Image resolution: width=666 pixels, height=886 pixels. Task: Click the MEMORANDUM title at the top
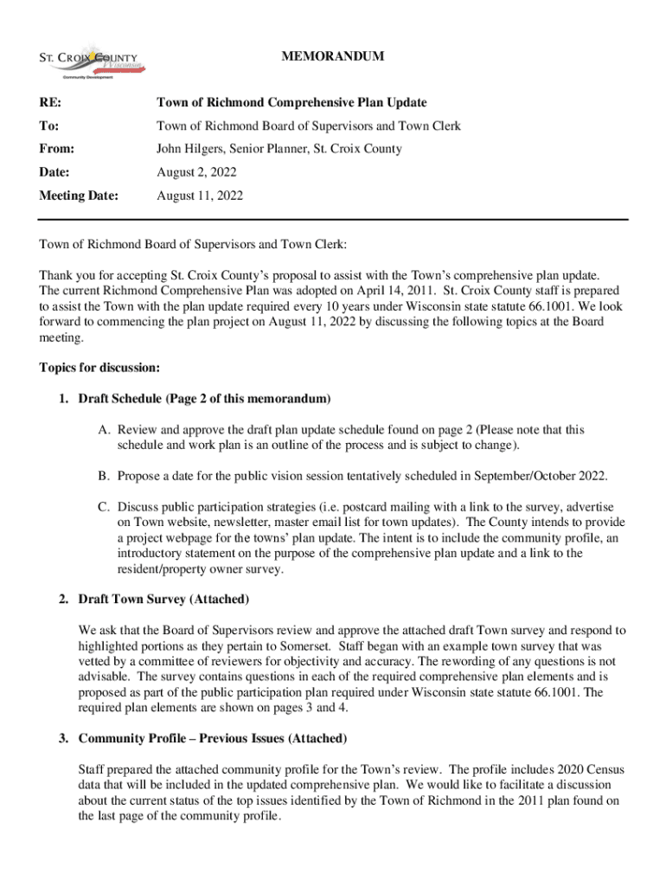[x=333, y=57]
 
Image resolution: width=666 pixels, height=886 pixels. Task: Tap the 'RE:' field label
[x=50, y=103]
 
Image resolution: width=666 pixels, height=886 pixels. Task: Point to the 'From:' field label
[x=56, y=149]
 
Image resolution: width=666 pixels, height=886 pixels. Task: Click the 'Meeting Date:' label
[x=78, y=196]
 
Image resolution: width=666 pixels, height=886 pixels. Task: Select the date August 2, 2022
[x=197, y=172]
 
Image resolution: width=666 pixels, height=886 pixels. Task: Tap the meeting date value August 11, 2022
[x=200, y=196]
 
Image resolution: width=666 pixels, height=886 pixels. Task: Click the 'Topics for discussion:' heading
[x=99, y=368]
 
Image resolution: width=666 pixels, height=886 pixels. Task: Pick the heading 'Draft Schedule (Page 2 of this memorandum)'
[x=204, y=399]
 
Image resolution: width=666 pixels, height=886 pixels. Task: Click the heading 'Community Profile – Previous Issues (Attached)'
[x=213, y=738]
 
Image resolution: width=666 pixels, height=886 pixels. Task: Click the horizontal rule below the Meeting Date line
[x=333, y=220]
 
